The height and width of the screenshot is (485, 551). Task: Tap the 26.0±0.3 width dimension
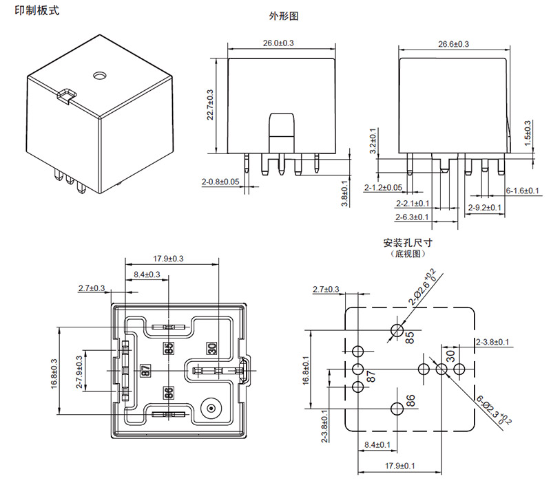click(278, 43)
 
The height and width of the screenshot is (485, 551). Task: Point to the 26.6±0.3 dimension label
click(453, 44)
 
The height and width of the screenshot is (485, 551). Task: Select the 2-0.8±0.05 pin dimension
click(220, 182)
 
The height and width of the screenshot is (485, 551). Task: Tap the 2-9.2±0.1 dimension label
click(485, 207)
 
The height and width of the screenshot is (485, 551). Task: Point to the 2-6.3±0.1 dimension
click(412, 217)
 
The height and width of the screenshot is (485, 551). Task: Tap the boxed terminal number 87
click(145, 369)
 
